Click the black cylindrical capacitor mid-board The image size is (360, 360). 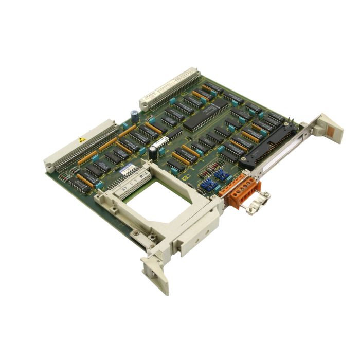(x=153, y=152)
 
